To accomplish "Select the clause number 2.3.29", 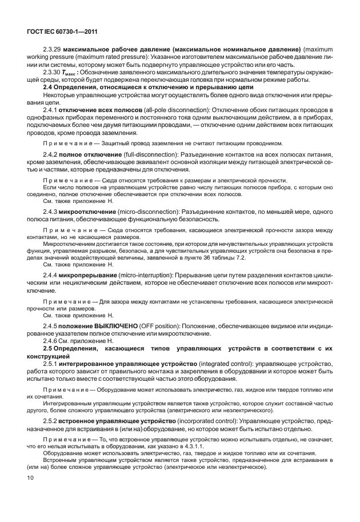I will pos(53,50).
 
